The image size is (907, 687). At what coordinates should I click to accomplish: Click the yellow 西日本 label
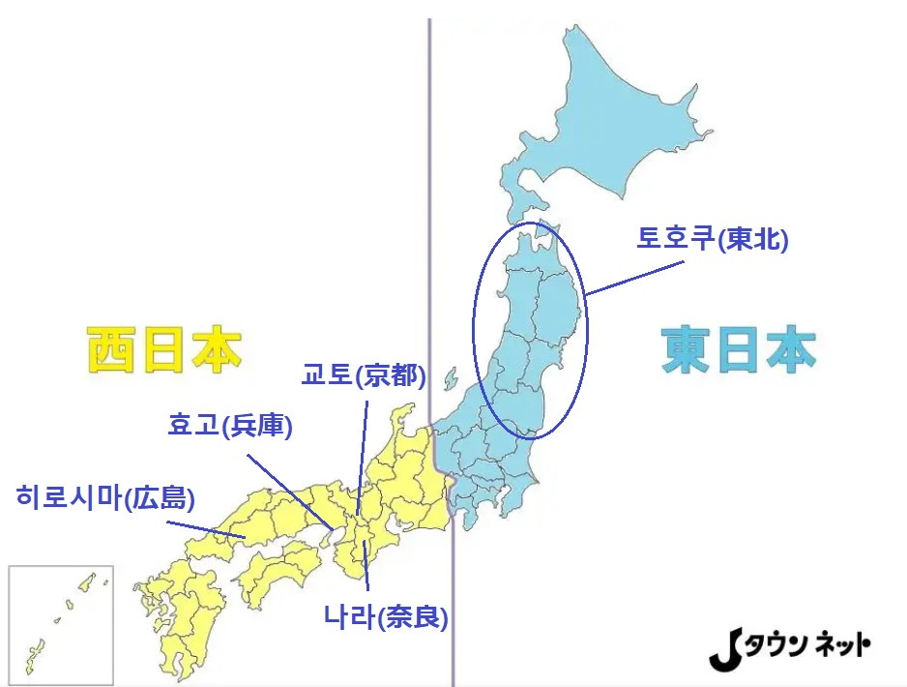tap(163, 349)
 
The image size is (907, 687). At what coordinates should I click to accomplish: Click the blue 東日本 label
tap(739, 349)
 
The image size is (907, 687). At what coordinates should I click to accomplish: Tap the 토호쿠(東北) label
tap(713, 238)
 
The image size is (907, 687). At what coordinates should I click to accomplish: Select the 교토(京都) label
tap(364, 375)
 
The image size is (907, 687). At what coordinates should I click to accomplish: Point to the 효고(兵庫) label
tap(230, 425)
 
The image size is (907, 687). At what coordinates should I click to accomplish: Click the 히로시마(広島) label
tap(106, 498)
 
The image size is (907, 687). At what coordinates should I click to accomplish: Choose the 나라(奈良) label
tap(387, 615)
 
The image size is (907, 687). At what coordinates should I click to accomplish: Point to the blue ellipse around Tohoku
tap(474, 329)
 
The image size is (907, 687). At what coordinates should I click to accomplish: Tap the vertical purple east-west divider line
tap(429, 194)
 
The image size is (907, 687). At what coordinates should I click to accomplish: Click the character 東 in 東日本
tap(686, 349)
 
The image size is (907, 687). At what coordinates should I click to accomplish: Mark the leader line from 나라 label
tap(366, 566)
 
